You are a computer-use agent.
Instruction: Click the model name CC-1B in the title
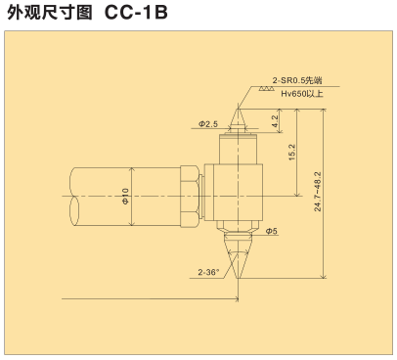click(x=136, y=12)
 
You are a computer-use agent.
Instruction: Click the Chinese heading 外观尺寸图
click(x=50, y=13)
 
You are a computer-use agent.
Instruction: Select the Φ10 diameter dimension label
click(x=125, y=197)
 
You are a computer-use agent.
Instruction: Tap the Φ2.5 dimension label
click(x=208, y=124)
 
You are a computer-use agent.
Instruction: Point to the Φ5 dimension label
click(x=271, y=231)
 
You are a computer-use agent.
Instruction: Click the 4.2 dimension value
click(x=275, y=121)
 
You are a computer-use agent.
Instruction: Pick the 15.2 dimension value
click(x=291, y=152)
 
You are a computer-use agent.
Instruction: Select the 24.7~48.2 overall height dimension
click(x=318, y=192)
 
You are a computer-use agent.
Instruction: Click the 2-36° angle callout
click(x=209, y=272)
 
